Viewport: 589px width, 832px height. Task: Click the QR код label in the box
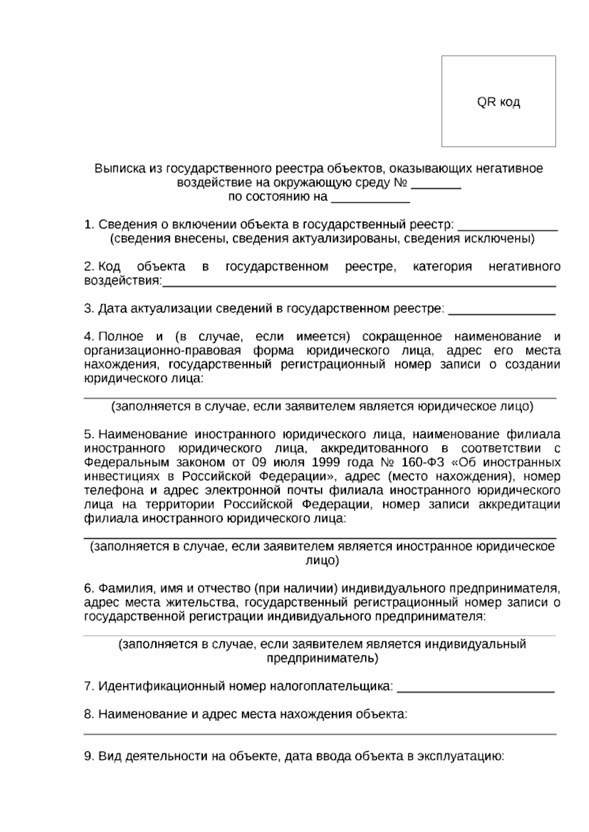[x=498, y=102]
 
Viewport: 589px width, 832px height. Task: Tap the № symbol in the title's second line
[x=401, y=183]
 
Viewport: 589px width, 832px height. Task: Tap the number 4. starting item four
[x=89, y=337]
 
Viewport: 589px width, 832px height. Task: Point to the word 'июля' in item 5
[x=300, y=463]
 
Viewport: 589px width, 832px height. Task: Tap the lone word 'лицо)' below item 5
[x=322, y=561]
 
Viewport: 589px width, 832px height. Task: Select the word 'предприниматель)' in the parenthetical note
[x=322, y=658]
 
